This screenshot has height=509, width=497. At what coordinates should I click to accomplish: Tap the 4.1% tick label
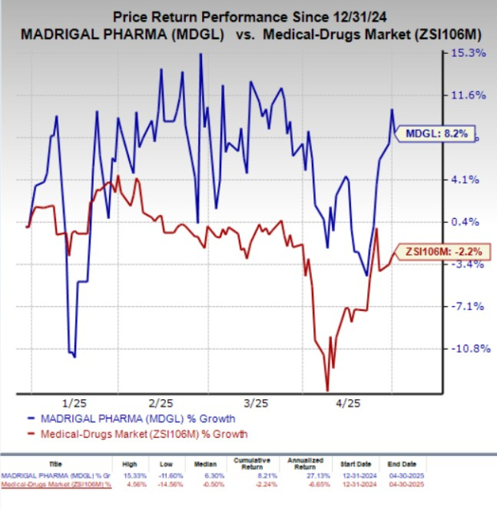click(467, 180)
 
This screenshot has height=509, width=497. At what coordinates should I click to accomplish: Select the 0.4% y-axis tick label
click(467, 222)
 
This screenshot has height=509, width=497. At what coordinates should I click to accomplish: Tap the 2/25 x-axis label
click(162, 401)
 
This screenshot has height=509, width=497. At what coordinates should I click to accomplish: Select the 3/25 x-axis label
click(256, 401)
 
